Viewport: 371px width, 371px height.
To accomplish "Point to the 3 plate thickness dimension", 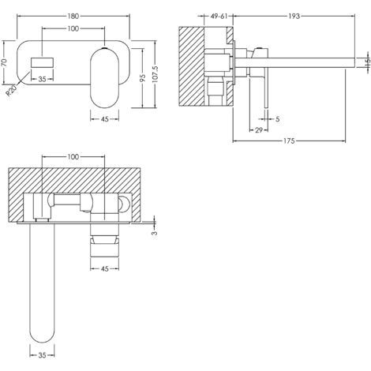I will [x=156, y=232].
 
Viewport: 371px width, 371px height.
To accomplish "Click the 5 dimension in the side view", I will [x=278, y=118].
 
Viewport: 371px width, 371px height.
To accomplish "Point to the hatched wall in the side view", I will [x=189, y=79].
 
